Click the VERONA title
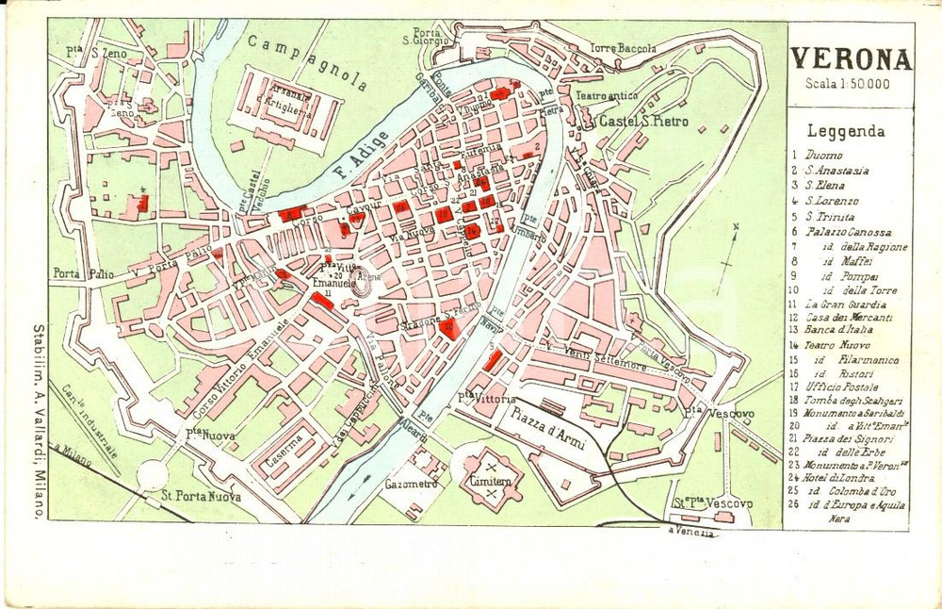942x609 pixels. tap(851, 60)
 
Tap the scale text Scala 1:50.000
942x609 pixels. tap(847, 85)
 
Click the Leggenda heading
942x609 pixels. tap(846, 132)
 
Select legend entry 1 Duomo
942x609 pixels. tap(819, 155)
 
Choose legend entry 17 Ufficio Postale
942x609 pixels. tap(835, 387)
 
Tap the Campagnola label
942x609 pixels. tap(308, 62)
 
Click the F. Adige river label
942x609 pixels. tap(353, 157)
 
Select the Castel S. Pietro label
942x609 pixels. tap(643, 122)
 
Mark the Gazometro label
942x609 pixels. tap(412, 484)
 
